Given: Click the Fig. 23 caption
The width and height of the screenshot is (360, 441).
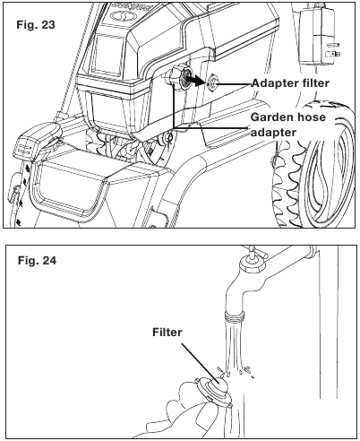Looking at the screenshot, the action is click(36, 24).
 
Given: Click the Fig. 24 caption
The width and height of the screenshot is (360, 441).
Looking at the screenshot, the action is click(37, 261).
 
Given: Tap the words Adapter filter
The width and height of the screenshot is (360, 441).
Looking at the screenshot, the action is click(290, 82).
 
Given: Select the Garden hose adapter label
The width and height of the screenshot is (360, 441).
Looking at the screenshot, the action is click(288, 125).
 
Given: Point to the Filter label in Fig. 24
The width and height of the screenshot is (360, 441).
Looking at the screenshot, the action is click(167, 332).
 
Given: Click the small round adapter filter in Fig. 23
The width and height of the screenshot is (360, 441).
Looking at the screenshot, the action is click(213, 83).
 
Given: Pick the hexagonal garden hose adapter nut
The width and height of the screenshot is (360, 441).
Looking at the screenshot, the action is click(177, 78).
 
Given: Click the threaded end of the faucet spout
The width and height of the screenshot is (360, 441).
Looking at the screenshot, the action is click(235, 316).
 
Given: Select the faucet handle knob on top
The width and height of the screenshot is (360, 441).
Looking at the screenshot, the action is click(253, 258).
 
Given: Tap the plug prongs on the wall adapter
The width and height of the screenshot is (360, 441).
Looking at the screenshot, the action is click(334, 50).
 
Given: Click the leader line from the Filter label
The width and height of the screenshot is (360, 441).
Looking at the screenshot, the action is click(201, 361).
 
